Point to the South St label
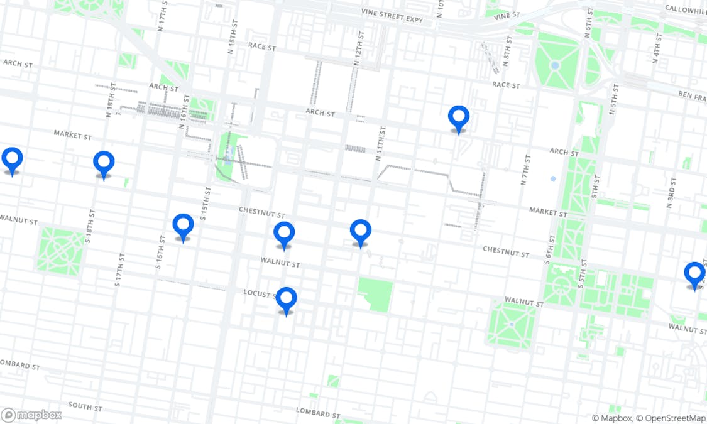click(85, 406)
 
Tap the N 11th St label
click(380, 143)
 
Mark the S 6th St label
click(550, 249)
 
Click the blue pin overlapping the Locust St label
click(286, 300)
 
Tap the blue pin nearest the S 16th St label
click(183, 227)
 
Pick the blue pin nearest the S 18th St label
click(104, 164)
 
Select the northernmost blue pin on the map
click(459, 118)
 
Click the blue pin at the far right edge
click(694, 275)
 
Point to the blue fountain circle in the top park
click(554, 65)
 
